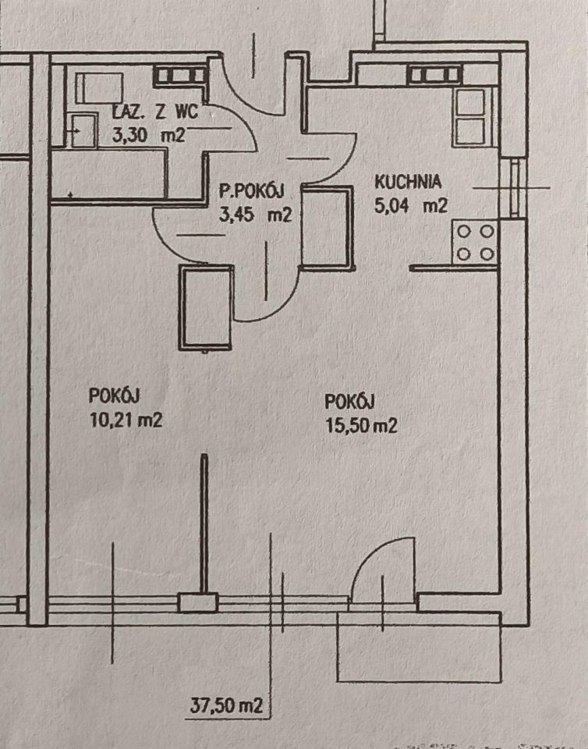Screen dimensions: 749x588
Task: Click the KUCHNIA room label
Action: [x=408, y=182]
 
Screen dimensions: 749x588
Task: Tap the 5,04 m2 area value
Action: [x=410, y=207]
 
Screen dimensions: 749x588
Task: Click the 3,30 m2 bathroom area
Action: [x=148, y=134]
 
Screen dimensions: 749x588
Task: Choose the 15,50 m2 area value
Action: [x=362, y=425]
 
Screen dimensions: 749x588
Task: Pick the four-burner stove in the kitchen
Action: [x=476, y=243]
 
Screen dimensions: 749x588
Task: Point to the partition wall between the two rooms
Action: [x=204, y=523]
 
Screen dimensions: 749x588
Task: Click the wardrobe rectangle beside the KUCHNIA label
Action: [x=324, y=227]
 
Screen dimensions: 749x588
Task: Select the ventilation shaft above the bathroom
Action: [x=179, y=75]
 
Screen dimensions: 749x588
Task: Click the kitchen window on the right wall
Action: [x=513, y=187]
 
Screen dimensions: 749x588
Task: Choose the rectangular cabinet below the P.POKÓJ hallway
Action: [x=207, y=307]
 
